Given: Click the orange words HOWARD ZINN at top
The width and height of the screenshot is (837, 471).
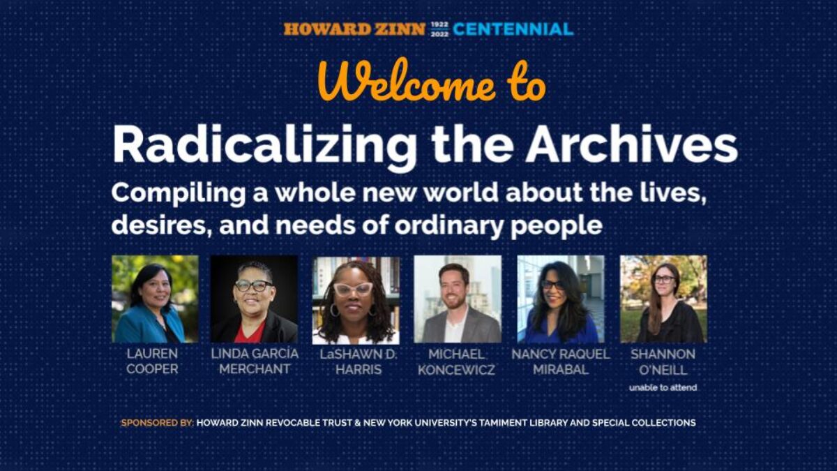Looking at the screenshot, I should (354, 29).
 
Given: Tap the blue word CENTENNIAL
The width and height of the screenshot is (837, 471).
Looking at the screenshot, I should (513, 29).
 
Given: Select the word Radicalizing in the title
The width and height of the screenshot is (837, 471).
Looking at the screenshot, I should (264, 147).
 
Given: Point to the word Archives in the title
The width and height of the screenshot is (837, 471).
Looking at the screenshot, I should (631, 145).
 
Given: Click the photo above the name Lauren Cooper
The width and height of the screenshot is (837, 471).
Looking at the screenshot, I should (155, 299).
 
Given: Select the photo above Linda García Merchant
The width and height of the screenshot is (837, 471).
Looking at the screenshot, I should (254, 299).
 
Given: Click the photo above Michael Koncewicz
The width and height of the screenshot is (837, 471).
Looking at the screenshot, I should (457, 299).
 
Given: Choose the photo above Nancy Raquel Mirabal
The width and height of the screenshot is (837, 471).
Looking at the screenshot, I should (560, 299).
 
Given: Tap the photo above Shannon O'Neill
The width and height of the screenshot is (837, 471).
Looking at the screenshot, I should (663, 299).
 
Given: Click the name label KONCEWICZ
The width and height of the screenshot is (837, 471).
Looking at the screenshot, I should (457, 371).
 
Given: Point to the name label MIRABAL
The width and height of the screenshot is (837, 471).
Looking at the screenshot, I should (560, 370).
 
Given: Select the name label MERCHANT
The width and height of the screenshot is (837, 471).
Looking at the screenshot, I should (254, 370).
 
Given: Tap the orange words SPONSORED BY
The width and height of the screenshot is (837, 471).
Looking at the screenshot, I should (157, 423).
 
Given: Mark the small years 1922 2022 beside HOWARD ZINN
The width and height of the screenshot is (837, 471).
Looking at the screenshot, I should (439, 29).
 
